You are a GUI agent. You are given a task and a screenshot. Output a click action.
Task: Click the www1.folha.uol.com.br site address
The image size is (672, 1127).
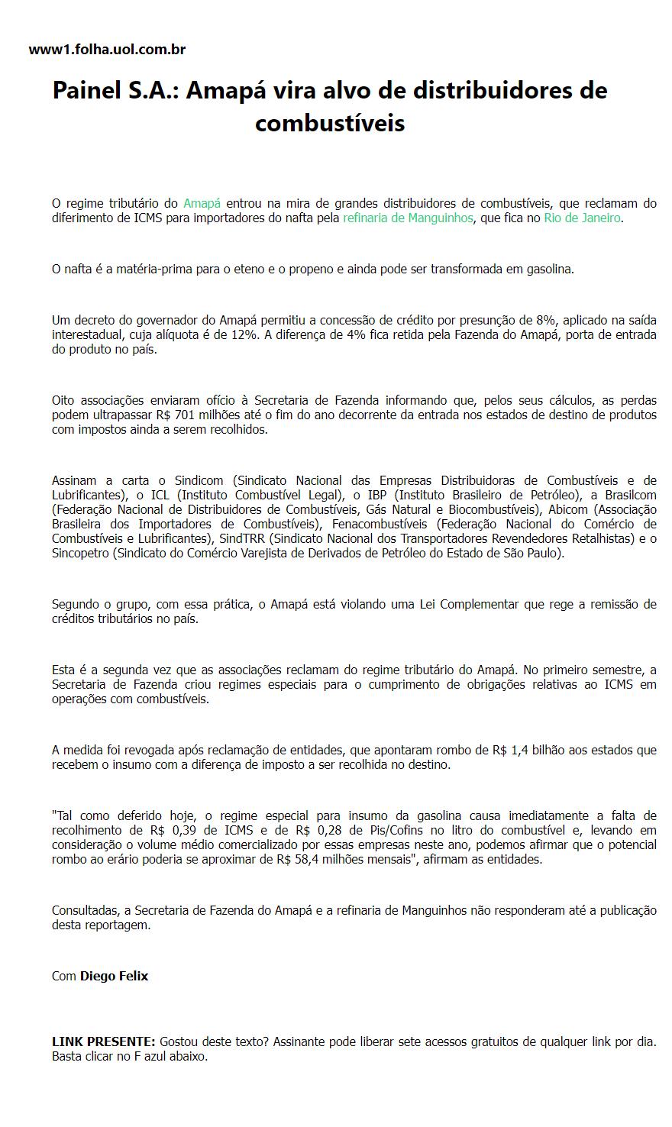click(x=107, y=50)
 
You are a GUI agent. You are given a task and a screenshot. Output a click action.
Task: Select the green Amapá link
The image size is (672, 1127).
click(x=202, y=203)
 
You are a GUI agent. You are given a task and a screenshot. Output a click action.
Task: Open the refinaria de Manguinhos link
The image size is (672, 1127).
click(x=408, y=218)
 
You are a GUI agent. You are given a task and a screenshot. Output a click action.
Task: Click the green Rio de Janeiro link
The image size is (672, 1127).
click(x=582, y=218)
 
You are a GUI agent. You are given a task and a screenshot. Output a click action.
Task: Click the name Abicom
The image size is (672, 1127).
click(x=568, y=509)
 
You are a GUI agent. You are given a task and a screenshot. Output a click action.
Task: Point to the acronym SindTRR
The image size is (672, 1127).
click(x=241, y=538)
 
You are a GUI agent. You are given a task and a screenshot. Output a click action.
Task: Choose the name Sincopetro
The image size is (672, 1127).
click(x=80, y=553)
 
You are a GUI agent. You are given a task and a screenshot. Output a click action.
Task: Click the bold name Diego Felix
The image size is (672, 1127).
click(x=114, y=976)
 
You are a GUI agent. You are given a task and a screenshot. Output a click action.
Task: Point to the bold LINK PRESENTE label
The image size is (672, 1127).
click(x=104, y=1041)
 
